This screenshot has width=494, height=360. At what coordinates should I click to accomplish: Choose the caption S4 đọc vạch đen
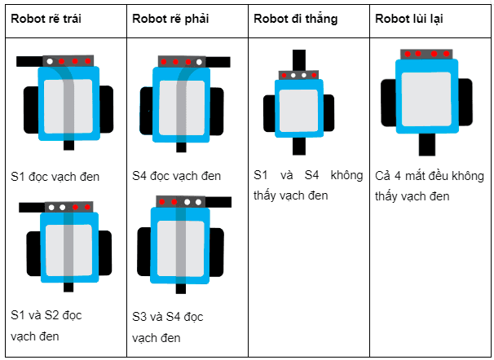tap(176, 176)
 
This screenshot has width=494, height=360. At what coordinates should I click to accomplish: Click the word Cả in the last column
tap(384, 176)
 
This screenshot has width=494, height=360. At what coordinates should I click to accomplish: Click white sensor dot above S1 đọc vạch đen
tap(51, 61)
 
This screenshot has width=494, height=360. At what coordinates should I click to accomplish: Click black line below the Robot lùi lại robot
tap(426, 144)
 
